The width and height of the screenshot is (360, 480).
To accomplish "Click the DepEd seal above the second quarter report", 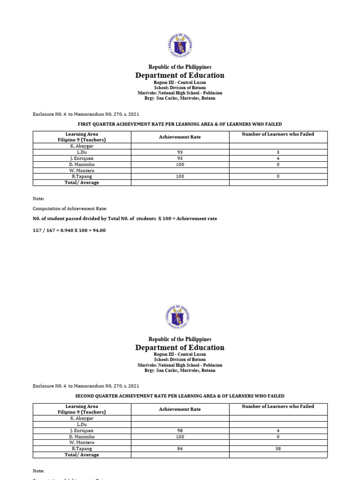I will click(x=180, y=318).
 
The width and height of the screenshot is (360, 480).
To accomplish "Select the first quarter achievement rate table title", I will click(x=180, y=124).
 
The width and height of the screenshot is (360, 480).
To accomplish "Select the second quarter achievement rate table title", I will click(x=180, y=396).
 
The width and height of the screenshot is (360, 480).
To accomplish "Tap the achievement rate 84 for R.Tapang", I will click(x=180, y=449).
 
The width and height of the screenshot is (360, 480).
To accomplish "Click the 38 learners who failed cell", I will click(x=278, y=449).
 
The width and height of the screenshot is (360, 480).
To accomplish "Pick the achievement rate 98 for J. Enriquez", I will click(x=180, y=430).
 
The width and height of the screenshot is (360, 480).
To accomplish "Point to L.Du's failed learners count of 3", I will click(x=278, y=152).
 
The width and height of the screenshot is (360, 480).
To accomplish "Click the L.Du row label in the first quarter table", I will click(x=82, y=152).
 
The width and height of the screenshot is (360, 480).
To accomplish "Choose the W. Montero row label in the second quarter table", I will click(x=82, y=442).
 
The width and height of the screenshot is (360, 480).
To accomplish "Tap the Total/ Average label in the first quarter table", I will click(x=82, y=183).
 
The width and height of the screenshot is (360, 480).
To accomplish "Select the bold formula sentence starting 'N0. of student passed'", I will click(x=125, y=219).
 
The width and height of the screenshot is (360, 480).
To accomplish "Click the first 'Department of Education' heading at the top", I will click(x=180, y=75).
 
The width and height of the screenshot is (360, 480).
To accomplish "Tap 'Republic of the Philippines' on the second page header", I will click(x=180, y=339).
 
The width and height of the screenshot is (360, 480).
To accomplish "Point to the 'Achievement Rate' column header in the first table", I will click(x=180, y=137).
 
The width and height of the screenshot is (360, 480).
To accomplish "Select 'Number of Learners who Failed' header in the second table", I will click(x=278, y=406).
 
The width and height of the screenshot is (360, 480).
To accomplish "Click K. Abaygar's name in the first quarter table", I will click(x=82, y=146).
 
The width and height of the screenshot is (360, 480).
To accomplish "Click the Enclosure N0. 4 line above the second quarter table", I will click(x=86, y=386).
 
